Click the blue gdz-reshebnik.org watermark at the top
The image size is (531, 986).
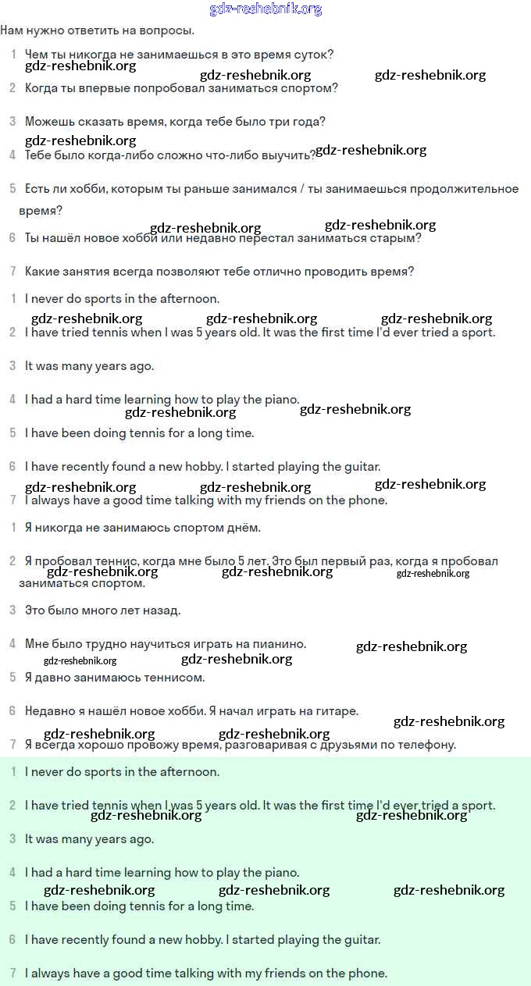tap(265, 9)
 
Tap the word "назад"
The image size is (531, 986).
tap(162, 610)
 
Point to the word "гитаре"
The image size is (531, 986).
tap(337, 711)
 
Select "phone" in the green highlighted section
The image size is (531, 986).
tap(369, 974)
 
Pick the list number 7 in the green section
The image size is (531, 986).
tap(12, 974)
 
